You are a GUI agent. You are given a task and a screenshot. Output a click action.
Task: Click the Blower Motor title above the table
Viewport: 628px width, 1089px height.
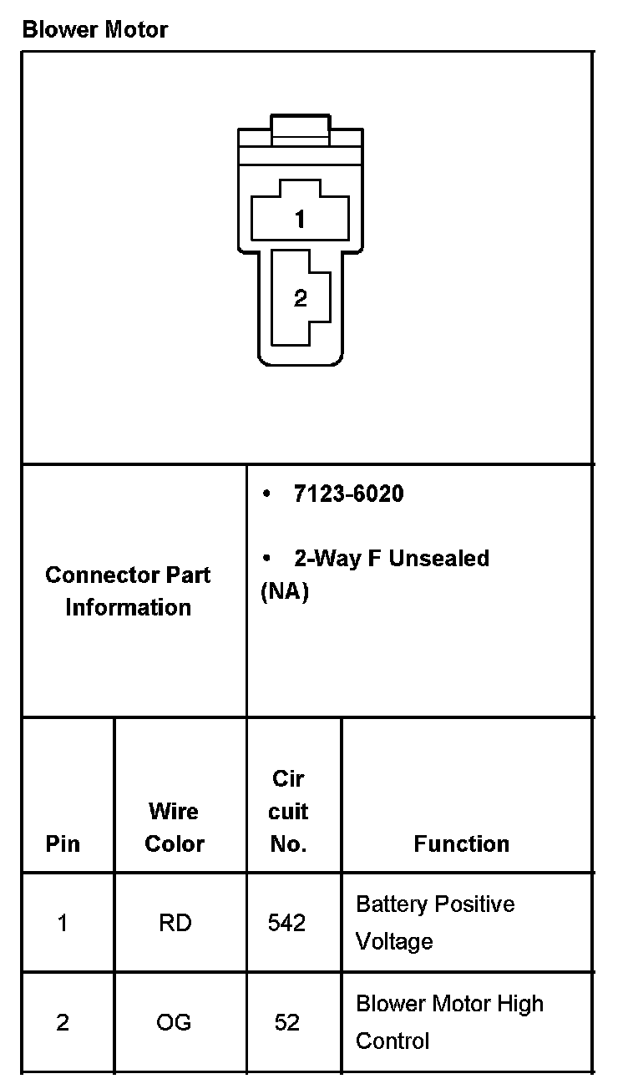94,30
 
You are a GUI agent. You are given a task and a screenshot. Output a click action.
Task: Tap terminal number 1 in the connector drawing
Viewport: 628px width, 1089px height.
300,220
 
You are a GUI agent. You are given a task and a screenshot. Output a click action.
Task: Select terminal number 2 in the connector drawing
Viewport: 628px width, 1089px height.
301,298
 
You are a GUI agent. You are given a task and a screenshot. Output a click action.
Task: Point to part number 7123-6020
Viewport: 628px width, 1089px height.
348,494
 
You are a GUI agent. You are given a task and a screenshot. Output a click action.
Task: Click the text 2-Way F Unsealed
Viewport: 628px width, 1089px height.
391,558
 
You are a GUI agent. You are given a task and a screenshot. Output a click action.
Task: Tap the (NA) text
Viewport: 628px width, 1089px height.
285,592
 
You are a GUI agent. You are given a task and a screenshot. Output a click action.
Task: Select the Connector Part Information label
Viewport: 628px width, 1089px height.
128,591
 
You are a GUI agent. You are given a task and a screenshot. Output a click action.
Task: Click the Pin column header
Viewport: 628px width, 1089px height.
63,843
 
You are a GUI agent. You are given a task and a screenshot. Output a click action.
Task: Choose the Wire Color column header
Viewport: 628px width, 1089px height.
174,827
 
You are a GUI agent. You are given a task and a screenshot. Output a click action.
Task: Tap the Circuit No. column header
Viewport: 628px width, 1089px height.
289,811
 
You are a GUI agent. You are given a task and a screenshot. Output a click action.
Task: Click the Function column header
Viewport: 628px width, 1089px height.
461,843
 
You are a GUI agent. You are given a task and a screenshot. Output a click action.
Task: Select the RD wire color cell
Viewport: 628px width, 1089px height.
174,923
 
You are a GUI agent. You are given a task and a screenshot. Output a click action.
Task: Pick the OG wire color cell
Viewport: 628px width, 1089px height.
174,1022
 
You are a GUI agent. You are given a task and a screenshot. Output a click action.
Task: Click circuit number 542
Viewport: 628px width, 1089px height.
286,923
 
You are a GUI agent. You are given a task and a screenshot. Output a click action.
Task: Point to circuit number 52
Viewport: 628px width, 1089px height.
286,1022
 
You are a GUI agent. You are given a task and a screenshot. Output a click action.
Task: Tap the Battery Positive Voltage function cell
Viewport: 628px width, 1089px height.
434,923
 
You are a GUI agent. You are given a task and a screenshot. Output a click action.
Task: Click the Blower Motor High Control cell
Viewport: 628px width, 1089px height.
448,1022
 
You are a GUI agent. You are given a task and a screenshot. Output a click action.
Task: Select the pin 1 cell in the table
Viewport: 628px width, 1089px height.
63,923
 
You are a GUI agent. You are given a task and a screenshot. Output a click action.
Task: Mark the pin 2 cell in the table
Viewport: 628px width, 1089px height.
63,1022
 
